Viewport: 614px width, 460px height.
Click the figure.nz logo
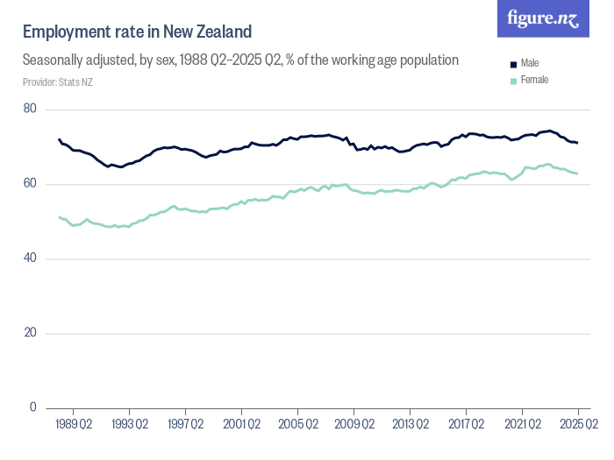coord(543,18)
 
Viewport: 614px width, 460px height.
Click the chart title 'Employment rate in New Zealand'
coord(138,32)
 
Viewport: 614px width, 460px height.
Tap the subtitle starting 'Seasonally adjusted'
coord(241,60)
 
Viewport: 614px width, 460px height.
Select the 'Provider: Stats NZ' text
coord(58,82)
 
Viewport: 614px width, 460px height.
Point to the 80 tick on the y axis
coord(30,109)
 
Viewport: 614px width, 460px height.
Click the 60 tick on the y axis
coord(30,184)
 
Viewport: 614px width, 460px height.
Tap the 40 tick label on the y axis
coord(30,258)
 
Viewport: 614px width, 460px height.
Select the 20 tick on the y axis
coord(30,333)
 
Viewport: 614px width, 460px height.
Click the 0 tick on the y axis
coord(32,407)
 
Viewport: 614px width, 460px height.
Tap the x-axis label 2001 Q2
coord(242,425)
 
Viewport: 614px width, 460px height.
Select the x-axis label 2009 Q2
coord(354,425)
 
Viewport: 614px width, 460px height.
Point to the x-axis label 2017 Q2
coord(467,425)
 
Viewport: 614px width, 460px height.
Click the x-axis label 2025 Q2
coord(578,425)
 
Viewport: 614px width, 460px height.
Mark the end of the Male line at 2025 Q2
coord(578,143)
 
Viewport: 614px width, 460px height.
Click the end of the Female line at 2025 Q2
coord(578,173)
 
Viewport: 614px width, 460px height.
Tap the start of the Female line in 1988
coord(60,217)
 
